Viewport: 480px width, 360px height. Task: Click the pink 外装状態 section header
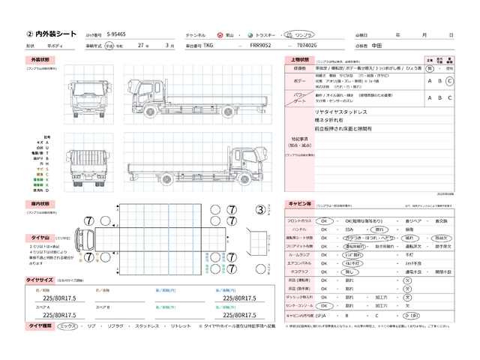pos(40,58)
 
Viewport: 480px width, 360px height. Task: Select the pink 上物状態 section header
pos(298,58)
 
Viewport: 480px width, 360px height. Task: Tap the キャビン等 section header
pos(299,203)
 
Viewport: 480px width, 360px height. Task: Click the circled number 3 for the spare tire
pos(259,210)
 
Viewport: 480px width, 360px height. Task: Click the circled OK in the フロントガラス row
pos(325,221)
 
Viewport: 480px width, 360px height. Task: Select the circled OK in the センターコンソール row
pos(325,306)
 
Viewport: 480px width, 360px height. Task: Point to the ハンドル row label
pos(304,229)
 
